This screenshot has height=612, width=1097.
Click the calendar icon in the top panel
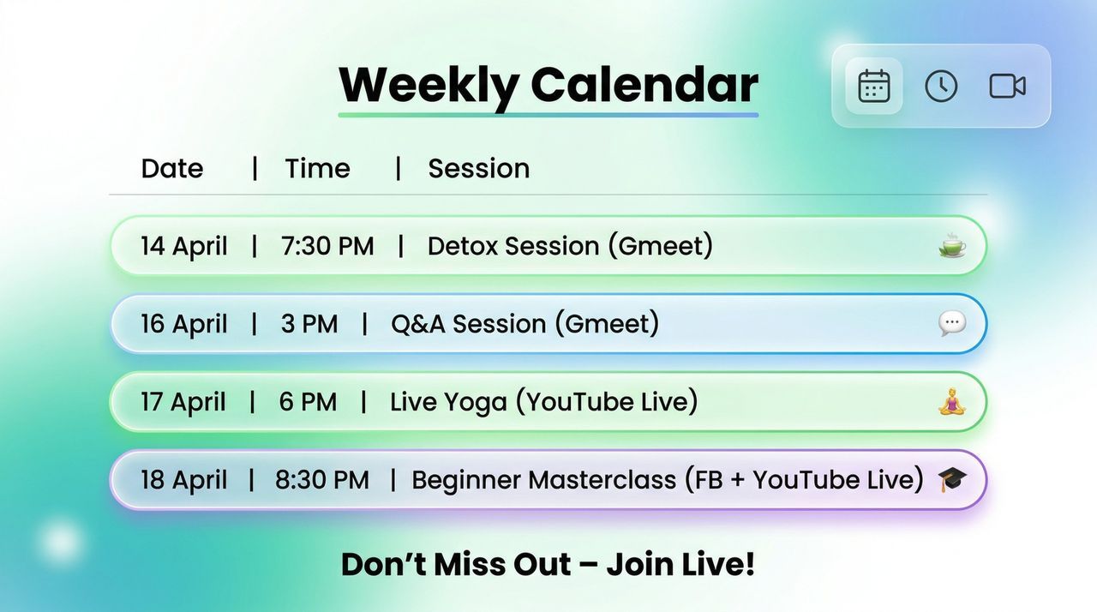coord(874,87)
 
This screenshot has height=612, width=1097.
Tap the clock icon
coord(941,87)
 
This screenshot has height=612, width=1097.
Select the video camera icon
coord(1007,87)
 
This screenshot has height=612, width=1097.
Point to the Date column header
coord(172,169)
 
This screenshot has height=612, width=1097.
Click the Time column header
coord(318,169)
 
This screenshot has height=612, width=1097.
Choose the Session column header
coord(479,169)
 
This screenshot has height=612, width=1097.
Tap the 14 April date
coord(184,246)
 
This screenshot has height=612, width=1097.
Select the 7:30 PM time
coord(327,246)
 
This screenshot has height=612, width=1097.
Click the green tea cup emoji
coord(952,245)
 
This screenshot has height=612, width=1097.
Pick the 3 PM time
coord(309,324)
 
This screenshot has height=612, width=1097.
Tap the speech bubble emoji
coord(952,324)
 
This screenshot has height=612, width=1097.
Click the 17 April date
coord(183,402)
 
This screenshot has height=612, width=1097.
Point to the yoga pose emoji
coord(952,401)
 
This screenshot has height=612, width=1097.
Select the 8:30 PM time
coord(321,480)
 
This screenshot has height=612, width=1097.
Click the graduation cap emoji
coord(952,479)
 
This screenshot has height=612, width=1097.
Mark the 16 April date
coord(184,324)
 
